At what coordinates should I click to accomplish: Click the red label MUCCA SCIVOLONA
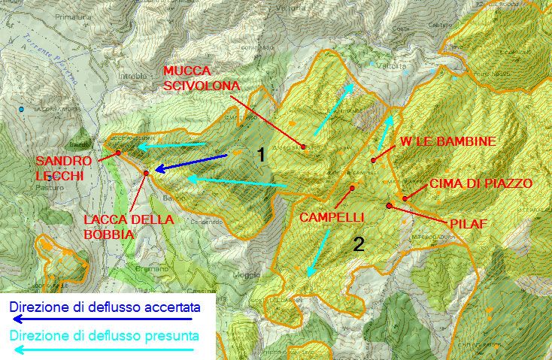point(201,78)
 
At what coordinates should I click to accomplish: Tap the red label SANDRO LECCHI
point(64,168)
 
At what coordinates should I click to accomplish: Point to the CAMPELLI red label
point(332,217)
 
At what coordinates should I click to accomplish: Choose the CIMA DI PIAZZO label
point(481,183)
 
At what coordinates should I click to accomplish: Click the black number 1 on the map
point(260,156)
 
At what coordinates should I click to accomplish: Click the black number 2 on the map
point(359,243)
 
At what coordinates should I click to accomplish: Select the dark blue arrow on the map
point(191,163)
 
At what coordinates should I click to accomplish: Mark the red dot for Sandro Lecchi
point(118,153)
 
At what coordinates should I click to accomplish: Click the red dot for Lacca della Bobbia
point(146,174)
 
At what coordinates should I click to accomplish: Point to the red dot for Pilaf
point(389,205)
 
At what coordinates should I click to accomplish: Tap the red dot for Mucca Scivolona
point(303,147)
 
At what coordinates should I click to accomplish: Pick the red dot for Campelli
point(351,188)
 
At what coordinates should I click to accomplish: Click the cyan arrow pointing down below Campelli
point(319,253)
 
